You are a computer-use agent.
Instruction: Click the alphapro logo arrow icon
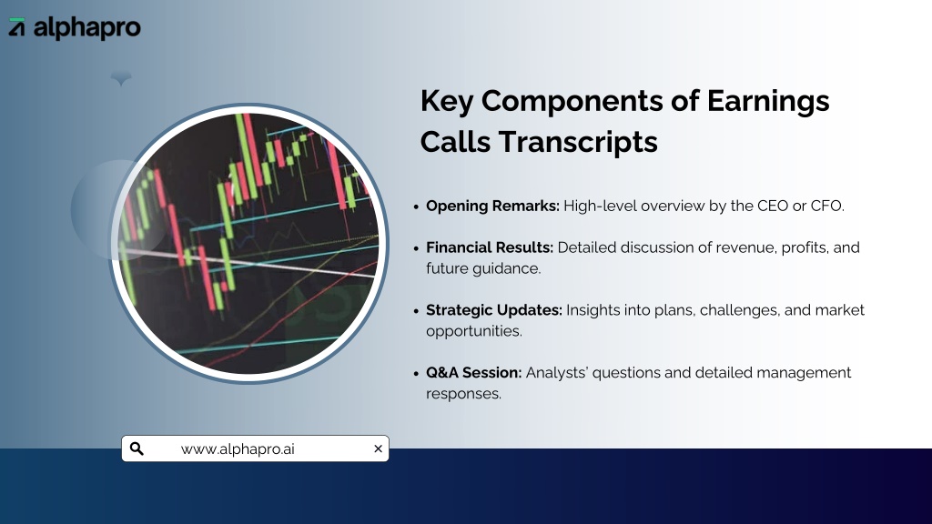[x=16, y=26]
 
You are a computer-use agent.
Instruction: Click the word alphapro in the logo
[x=87, y=28]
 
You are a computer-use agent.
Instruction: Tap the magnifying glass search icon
[x=137, y=448]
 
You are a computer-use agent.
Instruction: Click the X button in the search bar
[x=378, y=448]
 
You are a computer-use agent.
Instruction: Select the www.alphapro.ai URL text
[x=238, y=449]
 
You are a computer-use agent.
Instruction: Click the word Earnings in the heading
[x=768, y=101]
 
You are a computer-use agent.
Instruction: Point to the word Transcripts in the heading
[x=578, y=142]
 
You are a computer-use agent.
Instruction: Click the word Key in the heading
[x=446, y=101]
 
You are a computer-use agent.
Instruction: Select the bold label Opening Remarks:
[x=492, y=207]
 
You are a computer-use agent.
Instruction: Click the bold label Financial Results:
[x=490, y=247]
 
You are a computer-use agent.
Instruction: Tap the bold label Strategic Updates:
[x=494, y=310]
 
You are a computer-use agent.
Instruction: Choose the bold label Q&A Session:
[x=473, y=372]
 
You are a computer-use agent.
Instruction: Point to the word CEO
[x=773, y=207]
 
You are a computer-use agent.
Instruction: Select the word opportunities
[x=473, y=331]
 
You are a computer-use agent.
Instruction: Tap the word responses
[x=463, y=394]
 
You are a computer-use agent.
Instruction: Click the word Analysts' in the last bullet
[x=557, y=372]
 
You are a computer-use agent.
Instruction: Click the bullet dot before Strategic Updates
[x=416, y=311]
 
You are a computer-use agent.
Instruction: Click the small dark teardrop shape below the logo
[x=121, y=78]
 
